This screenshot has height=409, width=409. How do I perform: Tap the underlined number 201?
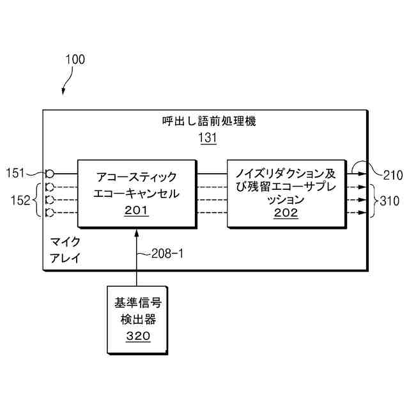tap(135, 209)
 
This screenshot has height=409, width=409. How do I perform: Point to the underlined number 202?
tap(286, 213)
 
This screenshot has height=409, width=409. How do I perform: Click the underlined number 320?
tap(138, 336)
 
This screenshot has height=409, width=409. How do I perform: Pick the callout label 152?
tap(20, 201)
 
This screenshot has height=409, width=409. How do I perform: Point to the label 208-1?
tap(167, 253)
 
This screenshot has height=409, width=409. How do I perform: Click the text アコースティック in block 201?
tap(135, 177)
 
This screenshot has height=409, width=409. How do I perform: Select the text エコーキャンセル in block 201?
tap(135, 193)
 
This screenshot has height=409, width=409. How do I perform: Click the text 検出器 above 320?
tap(138, 319)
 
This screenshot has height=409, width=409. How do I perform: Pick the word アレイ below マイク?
tap(65, 258)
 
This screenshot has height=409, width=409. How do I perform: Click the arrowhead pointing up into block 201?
tap(137, 231)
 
